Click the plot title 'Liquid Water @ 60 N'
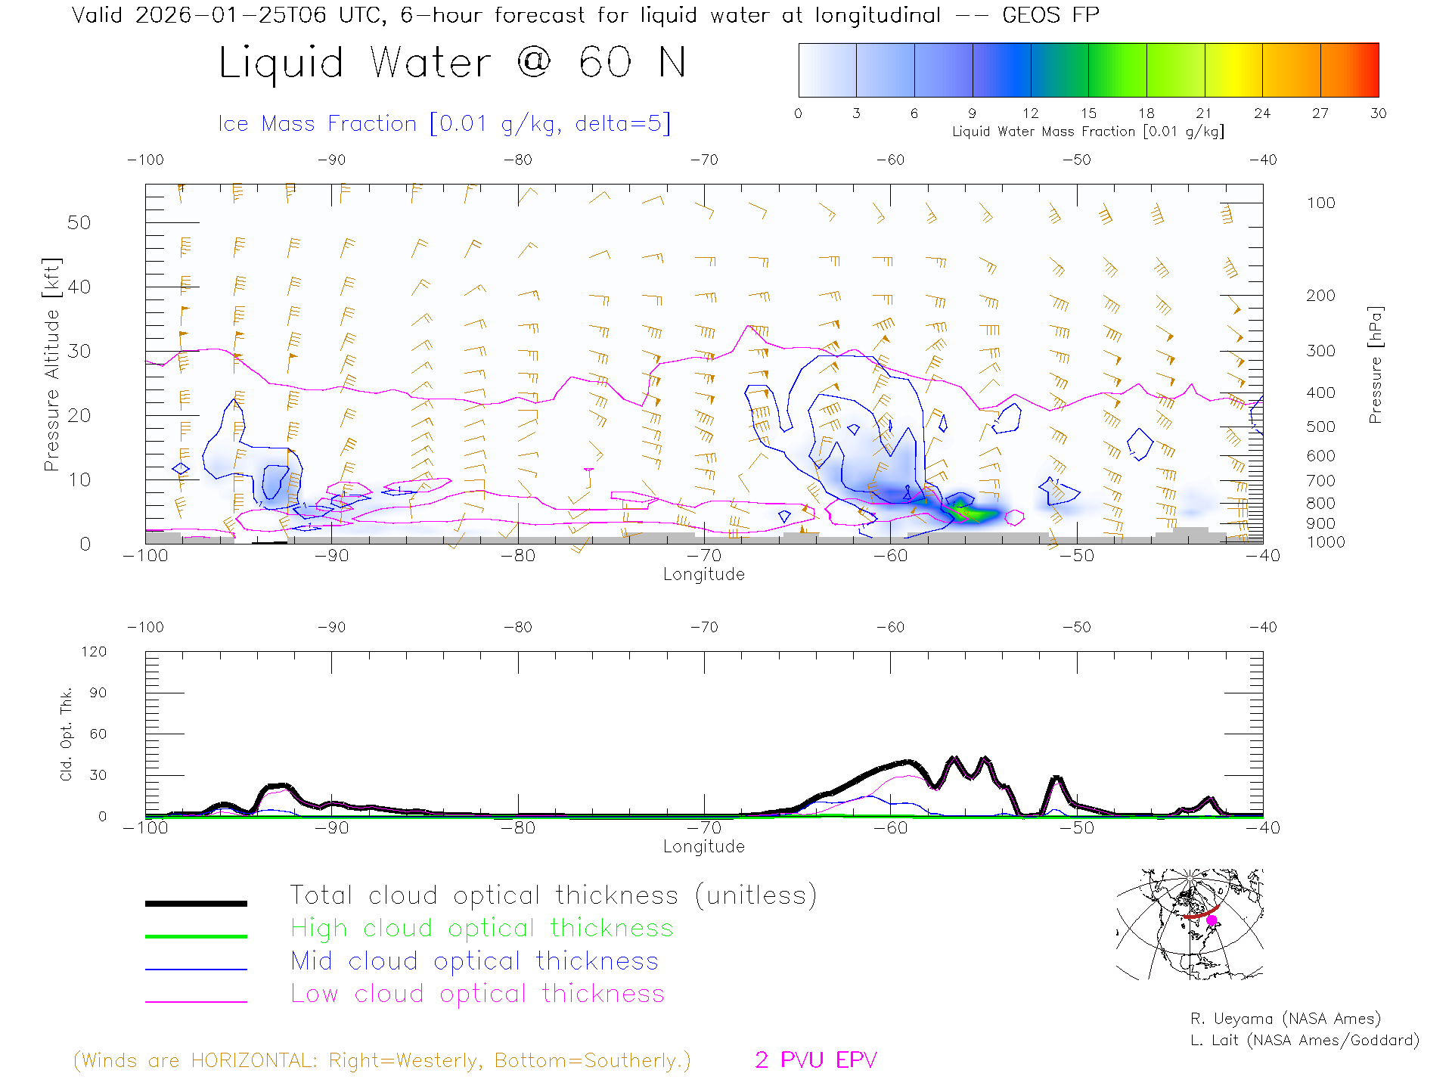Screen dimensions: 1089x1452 click(x=452, y=63)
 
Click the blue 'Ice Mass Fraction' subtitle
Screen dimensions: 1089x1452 click(x=444, y=123)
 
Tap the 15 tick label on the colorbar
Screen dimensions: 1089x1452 click(x=1088, y=113)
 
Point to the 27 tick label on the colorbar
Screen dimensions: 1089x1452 click(x=1320, y=113)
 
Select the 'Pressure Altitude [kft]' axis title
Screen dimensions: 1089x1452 click(x=51, y=365)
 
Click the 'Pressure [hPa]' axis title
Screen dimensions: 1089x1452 click(x=1376, y=365)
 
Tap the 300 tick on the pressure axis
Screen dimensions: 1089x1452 click(x=1320, y=351)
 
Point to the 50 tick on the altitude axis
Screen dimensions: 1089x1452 click(x=79, y=222)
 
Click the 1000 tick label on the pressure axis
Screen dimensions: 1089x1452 click(x=1325, y=542)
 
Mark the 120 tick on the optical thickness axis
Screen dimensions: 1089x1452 click(x=95, y=652)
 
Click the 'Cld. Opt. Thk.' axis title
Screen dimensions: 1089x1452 click(x=67, y=734)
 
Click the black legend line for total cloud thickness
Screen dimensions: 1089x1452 click(x=196, y=903)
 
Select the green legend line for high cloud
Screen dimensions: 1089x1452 click(x=196, y=936)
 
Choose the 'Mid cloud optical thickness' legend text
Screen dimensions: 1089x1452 click(x=475, y=961)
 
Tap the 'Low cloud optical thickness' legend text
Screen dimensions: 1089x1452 click(x=478, y=994)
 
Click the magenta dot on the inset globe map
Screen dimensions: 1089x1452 click(x=1212, y=920)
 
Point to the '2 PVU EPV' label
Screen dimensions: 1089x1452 click(x=816, y=1060)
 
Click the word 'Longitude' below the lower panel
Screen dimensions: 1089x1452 click(x=704, y=846)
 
